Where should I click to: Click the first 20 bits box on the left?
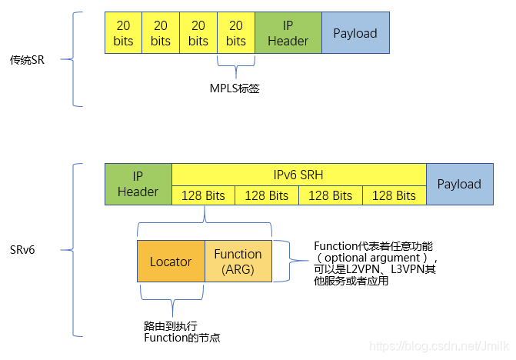click(x=123, y=33)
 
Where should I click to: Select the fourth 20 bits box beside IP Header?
click(x=236, y=33)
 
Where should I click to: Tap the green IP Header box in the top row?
click(x=288, y=33)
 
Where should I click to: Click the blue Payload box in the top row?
click(x=355, y=33)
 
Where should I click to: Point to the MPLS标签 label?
click(x=235, y=88)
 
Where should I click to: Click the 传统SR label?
click(x=27, y=59)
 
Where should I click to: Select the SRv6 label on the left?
click(x=22, y=250)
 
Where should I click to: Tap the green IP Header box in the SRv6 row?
click(x=138, y=184)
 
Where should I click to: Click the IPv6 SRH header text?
click(x=298, y=175)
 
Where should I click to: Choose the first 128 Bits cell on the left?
click(x=203, y=195)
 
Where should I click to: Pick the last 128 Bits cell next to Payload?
click(x=394, y=195)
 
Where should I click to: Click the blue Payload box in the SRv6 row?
click(x=459, y=184)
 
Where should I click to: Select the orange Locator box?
click(x=171, y=262)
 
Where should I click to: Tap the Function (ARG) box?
click(x=238, y=262)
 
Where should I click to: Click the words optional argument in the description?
click(x=369, y=258)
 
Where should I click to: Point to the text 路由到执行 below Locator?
click(x=165, y=326)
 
